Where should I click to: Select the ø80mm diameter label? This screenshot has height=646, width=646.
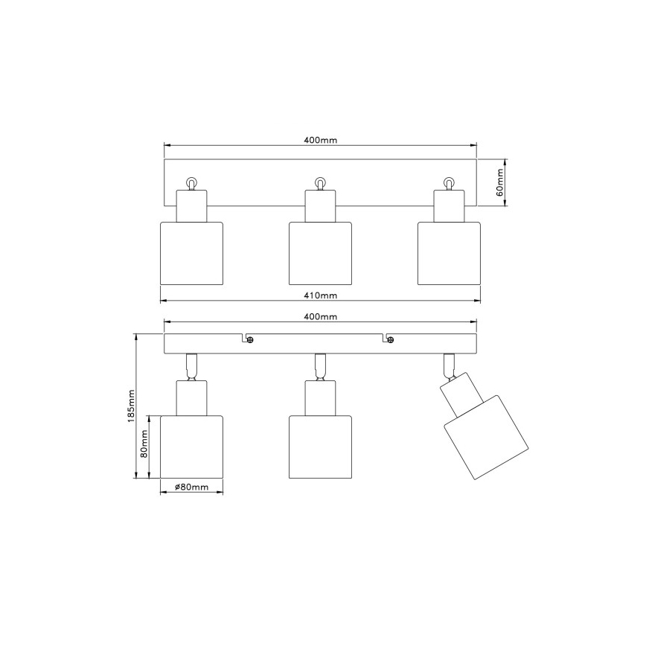tap(191, 487)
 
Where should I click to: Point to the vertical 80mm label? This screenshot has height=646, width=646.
tap(146, 447)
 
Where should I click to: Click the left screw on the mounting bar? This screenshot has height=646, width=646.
tap(251, 340)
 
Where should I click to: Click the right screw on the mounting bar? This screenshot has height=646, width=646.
tap(391, 340)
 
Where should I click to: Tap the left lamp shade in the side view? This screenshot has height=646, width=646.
tap(192, 447)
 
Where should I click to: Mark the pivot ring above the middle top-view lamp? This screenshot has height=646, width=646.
tap(320, 182)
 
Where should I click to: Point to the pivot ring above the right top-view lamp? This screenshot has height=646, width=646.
tap(449, 182)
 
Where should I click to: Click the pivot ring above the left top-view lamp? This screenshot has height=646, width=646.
tap(192, 182)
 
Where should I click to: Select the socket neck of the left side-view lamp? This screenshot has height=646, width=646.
tap(192, 398)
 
